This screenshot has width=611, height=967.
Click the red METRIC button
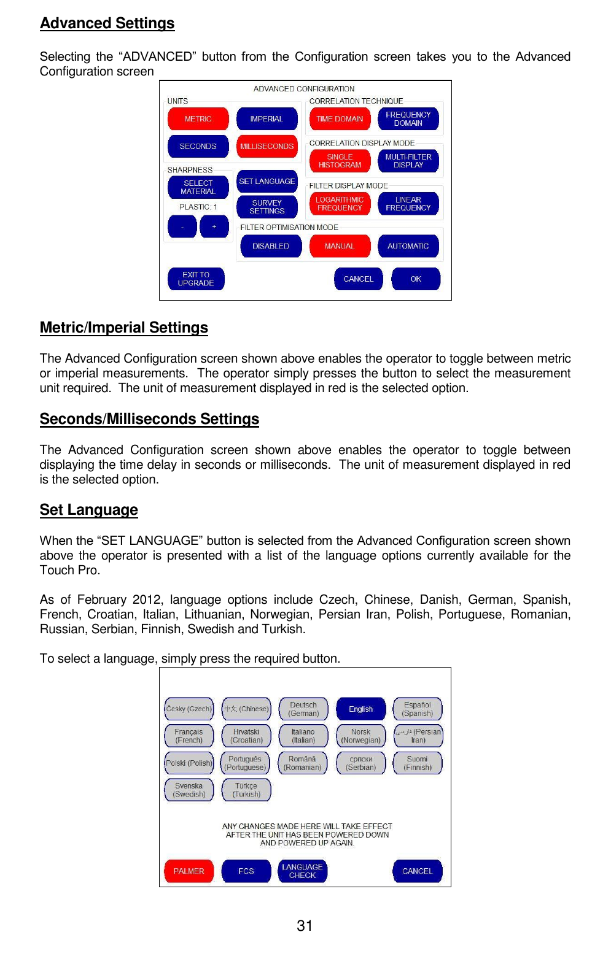click(x=198, y=119)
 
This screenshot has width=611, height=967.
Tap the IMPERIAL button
click(x=267, y=119)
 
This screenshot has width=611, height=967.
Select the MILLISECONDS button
click(x=267, y=147)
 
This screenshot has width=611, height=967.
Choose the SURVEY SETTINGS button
click(x=267, y=207)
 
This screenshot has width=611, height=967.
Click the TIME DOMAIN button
click(x=340, y=119)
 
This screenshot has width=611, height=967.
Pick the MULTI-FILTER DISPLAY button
click(x=408, y=161)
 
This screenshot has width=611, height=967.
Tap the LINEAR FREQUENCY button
click(x=408, y=204)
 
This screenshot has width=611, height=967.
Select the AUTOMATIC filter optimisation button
click(x=408, y=246)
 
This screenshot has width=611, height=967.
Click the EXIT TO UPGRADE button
click(x=196, y=279)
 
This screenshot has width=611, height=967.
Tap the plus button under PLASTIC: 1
click(x=214, y=227)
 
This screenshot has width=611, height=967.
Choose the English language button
click(x=360, y=709)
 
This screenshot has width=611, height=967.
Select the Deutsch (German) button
click(x=303, y=709)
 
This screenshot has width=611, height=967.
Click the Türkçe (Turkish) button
click(x=246, y=790)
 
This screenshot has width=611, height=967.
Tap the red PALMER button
click(x=189, y=871)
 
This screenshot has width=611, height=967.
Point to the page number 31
click(x=305, y=926)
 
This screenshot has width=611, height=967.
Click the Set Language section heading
click(x=89, y=510)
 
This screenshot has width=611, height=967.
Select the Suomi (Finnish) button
click(x=418, y=763)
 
